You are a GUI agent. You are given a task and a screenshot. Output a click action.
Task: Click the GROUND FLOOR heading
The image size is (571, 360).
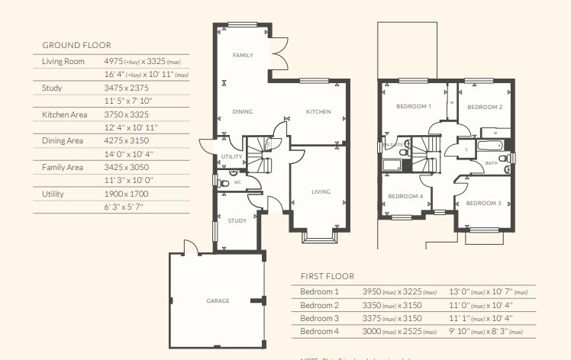76,45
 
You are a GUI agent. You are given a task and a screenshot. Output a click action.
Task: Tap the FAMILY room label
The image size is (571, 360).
243,56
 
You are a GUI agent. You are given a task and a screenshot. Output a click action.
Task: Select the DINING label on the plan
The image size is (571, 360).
242,112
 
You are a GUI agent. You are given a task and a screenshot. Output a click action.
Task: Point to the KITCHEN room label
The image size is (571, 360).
318,112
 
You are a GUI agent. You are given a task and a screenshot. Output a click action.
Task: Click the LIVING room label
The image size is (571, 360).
321,191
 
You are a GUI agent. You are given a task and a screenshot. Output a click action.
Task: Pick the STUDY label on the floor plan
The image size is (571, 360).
237,220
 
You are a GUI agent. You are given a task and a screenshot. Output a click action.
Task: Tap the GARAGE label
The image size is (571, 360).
218,301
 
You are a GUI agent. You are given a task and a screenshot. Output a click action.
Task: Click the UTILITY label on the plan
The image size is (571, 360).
231,156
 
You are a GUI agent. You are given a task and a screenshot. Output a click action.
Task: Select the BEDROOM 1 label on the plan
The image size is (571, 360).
413,107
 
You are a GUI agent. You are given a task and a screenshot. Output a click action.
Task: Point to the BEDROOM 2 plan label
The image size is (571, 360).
484,108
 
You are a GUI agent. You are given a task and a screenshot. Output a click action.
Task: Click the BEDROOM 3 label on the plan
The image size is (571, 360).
482,203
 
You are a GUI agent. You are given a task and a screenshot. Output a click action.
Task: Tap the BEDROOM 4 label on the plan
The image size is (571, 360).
405,196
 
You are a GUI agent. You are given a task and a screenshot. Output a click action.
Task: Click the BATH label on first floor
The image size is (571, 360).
491,162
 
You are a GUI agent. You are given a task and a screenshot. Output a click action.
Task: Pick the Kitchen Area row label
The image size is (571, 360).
64,114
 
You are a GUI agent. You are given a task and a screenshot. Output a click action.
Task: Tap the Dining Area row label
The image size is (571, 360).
63,140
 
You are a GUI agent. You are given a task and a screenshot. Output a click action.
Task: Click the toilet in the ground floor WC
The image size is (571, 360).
223,182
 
